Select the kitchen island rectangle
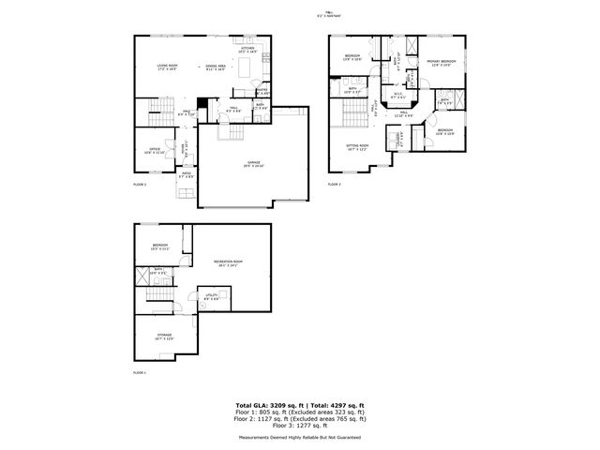(249, 68)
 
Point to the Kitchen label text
(248, 50)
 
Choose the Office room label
(152, 151)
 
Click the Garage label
(254, 164)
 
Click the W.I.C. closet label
(397, 94)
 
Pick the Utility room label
(212, 297)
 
